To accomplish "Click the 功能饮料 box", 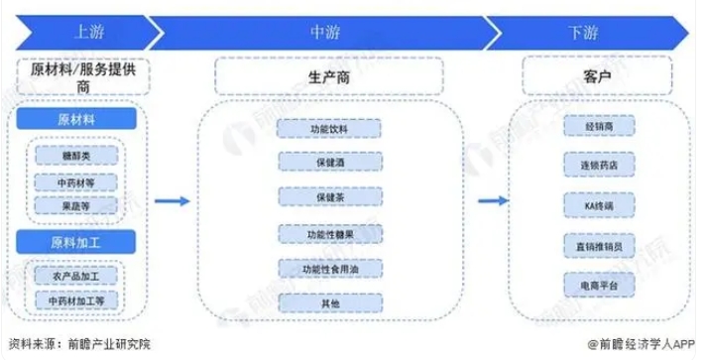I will (329, 128).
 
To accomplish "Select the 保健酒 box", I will (329, 162).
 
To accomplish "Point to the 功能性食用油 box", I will (329, 269).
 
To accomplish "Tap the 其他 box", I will (329, 301).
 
